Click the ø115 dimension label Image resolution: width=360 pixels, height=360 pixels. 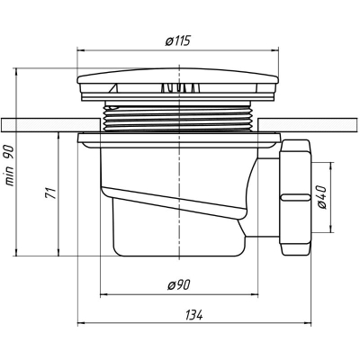coord(178,40)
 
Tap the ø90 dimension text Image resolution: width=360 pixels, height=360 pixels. coord(179,284)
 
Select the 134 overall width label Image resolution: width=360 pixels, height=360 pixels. coord(194,315)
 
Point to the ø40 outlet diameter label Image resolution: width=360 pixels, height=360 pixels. coord(321,197)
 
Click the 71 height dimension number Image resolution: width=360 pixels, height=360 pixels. coord(50,193)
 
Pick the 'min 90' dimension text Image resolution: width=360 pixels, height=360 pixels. coord(9,166)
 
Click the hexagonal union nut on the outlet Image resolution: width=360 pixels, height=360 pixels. coord(295,197)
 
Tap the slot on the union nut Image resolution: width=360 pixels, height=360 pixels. coord(295,197)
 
